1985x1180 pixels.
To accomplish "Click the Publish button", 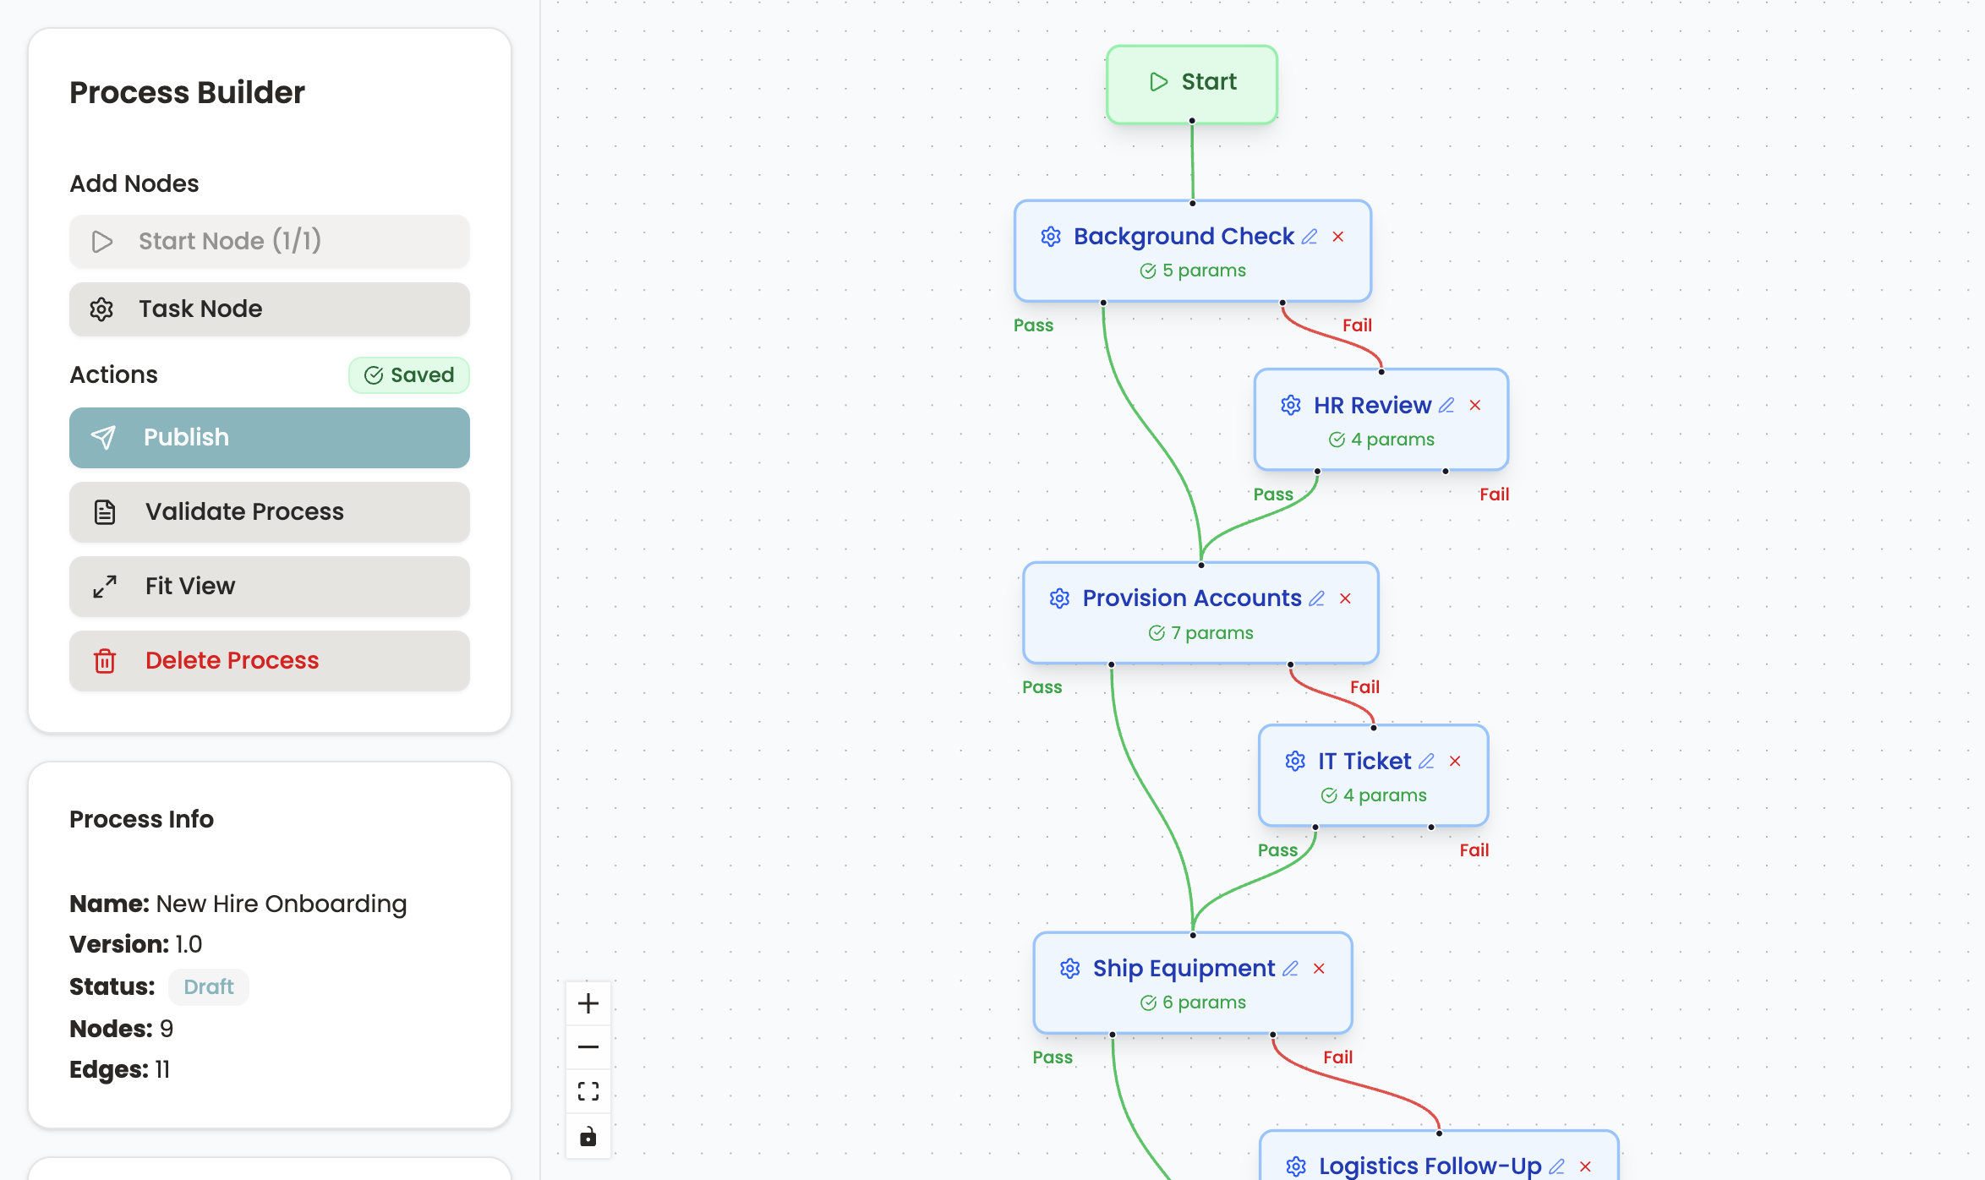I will [x=269, y=438].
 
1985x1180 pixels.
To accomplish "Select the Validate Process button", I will [x=269, y=512].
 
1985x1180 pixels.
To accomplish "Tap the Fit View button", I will [x=269, y=587].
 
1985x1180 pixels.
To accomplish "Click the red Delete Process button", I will [x=269, y=661].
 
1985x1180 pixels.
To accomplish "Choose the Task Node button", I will [x=269, y=309].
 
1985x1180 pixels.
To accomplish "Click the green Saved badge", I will [x=409, y=375].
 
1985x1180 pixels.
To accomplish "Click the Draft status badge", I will [x=208, y=987].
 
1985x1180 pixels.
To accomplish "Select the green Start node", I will [x=1192, y=83].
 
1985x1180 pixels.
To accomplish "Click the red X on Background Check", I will [x=1338, y=237].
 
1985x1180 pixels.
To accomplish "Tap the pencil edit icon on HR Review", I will [x=1446, y=406].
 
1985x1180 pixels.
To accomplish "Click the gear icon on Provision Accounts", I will [x=1059, y=598].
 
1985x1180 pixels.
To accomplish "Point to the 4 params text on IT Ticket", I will [x=1384, y=795].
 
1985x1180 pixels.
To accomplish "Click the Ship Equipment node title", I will [x=1184, y=969].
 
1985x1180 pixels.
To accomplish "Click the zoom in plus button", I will [x=588, y=1003].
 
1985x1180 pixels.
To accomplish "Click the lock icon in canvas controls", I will [x=588, y=1136].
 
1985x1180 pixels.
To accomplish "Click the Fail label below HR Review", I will [x=1494, y=494].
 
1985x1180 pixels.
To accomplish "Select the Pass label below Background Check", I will [x=1033, y=325].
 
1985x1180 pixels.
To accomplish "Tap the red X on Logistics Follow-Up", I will [x=1585, y=1166].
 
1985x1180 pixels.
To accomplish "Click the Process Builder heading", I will [x=187, y=93].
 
